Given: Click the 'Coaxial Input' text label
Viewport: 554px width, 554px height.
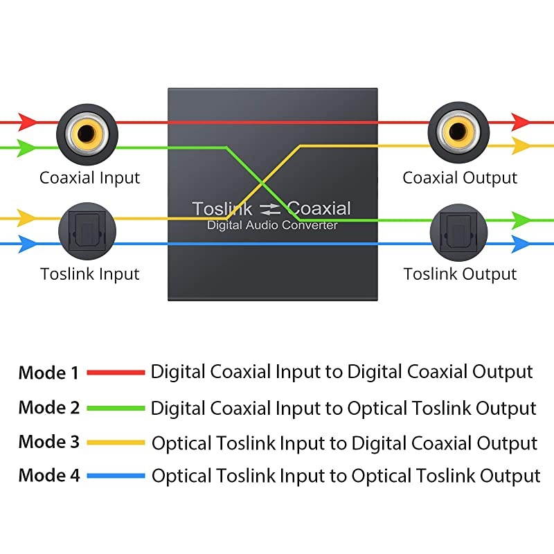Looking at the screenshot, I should point(89,178).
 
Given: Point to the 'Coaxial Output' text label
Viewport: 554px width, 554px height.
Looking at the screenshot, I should point(460,178).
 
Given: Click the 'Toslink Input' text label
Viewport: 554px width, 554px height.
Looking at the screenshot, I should point(90,274).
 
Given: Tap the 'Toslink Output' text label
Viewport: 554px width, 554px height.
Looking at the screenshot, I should point(460,274).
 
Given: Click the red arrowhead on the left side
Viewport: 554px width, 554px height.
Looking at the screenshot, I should point(27,122).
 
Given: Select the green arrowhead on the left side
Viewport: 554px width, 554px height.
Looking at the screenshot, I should point(27,147).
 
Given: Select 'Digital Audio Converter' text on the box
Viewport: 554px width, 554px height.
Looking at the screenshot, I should point(272,226).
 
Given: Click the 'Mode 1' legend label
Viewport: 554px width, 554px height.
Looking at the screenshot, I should point(48,373).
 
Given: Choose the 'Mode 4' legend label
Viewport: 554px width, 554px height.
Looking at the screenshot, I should point(48,476).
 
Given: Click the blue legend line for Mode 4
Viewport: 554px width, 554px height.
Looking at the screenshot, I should point(116,476).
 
